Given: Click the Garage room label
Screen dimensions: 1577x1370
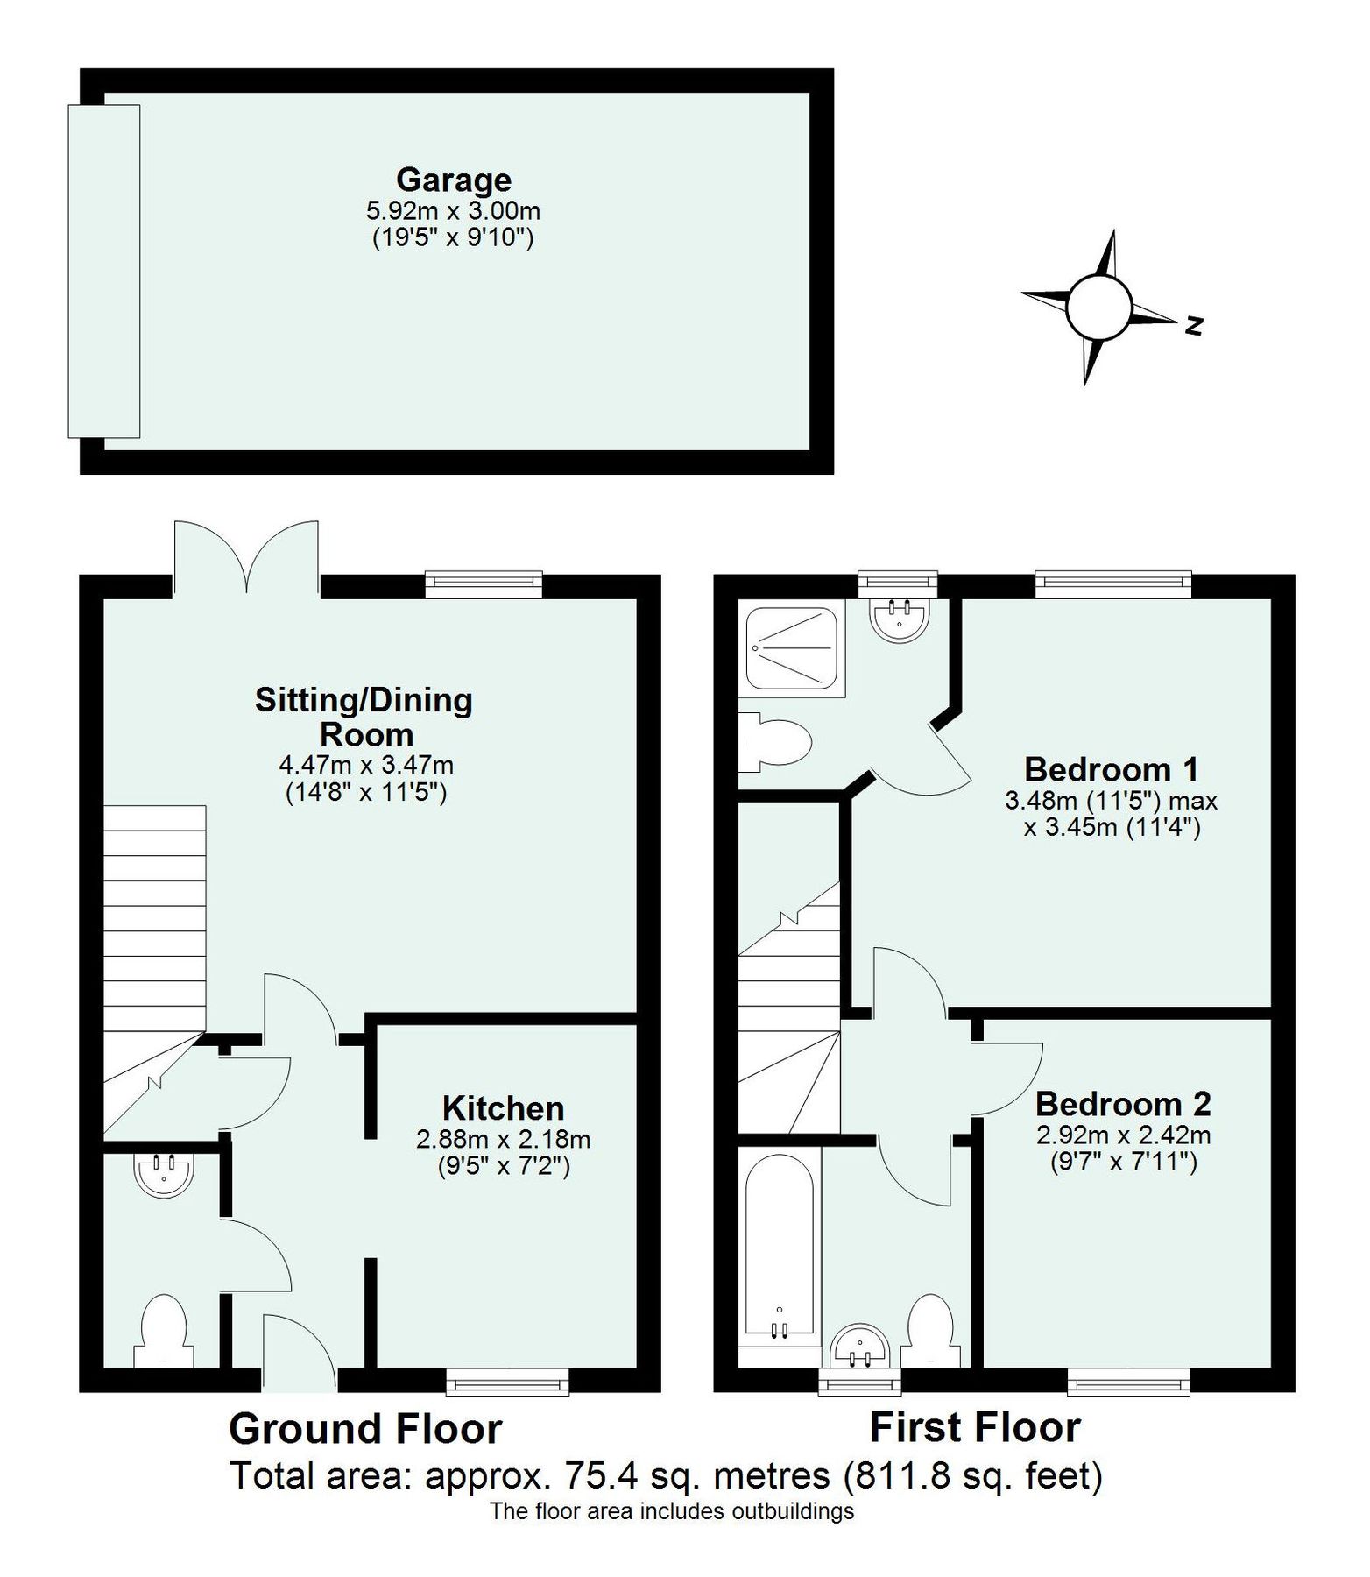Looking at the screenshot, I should click(x=453, y=180).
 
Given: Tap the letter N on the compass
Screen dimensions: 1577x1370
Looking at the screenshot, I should click(x=1193, y=326).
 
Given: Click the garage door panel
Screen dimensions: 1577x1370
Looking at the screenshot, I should click(x=104, y=271).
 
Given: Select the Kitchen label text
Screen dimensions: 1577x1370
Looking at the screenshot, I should click(x=503, y=1108).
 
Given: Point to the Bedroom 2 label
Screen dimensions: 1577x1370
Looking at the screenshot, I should click(x=1123, y=1104).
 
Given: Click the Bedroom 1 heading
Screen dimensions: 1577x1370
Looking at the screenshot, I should click(x=1111, y=769).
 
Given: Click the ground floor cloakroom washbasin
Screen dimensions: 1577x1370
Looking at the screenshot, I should click(x=164, y=1175).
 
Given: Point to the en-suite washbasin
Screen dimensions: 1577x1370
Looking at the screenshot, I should click(x=899, y=618).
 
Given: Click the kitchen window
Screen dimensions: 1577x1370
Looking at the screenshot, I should click(x=507, y=1383).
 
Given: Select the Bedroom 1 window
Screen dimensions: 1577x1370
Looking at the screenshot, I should click(x=1112, y=583).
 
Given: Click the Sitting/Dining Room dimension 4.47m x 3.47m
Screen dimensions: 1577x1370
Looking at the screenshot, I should click(x=366, y=764).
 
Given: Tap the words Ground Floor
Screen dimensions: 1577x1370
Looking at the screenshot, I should click(x=365, y=1429).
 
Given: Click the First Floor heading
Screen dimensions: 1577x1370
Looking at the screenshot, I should click(x=975, y=1427).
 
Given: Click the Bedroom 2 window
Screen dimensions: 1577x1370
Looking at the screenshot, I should click(x=1128, y=1383).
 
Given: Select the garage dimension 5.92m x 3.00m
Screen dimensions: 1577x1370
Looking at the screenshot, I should click(x=453, y=211).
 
